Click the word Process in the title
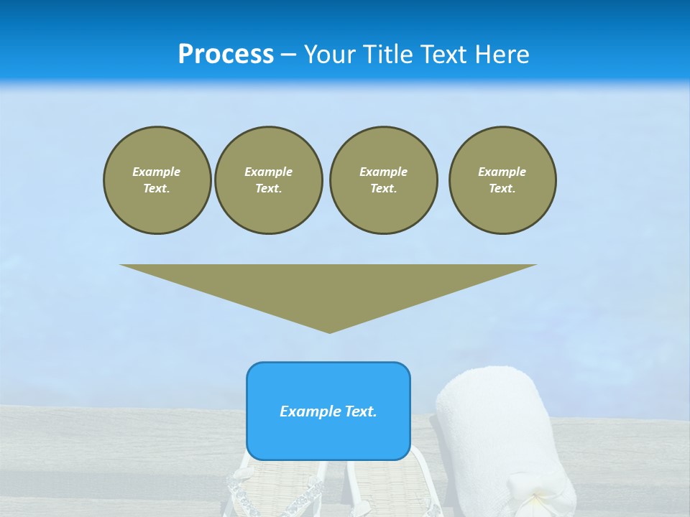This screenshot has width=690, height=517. pos(226,55)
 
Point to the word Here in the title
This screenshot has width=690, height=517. pos(502,55)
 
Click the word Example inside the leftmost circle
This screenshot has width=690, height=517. pos(157,172)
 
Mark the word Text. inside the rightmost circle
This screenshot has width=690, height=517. pos(502,188)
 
